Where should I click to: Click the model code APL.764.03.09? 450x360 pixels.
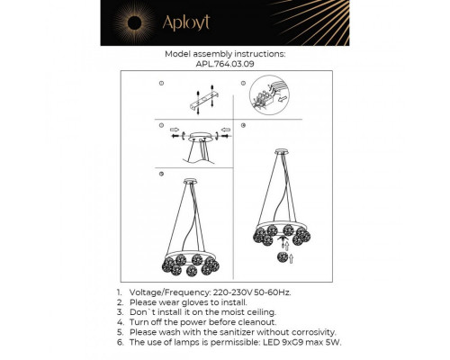[224, 64]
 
